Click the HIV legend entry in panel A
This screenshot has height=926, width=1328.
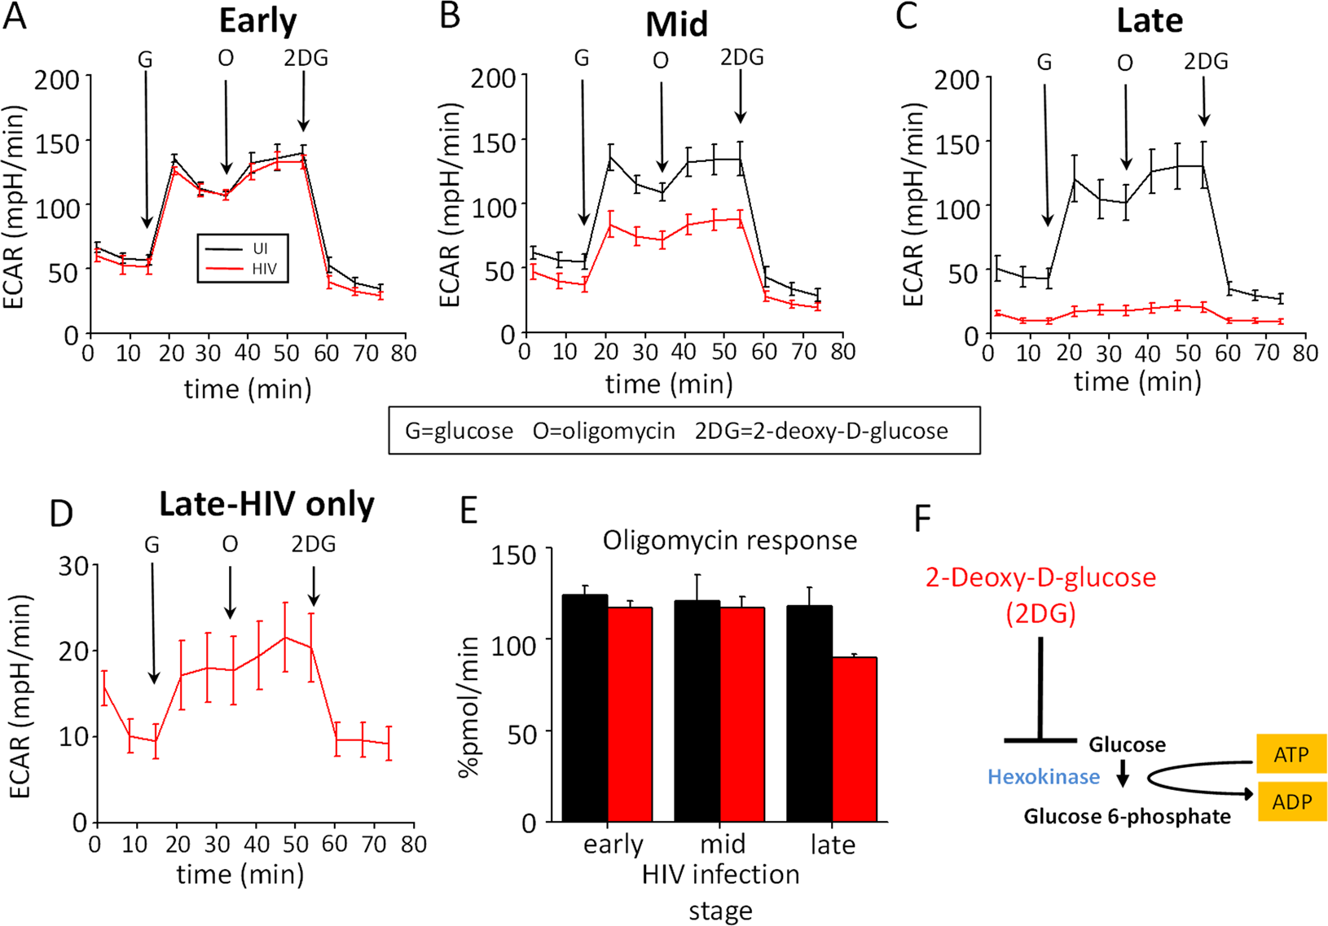pos(263,269)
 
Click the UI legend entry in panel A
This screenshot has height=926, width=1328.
pos(260,248)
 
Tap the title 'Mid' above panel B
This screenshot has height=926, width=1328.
pos(676,24)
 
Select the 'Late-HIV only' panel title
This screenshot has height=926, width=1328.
pos(266,504)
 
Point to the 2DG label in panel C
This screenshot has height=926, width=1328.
pos(1205,62)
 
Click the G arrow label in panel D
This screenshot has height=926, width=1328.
pos(152,545)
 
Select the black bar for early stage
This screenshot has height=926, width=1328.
pos(585,708)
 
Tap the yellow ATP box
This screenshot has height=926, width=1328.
pos(1291,754)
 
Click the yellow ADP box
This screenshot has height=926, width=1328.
pos(1291,801)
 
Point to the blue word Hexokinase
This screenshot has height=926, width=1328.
pos(1043,777)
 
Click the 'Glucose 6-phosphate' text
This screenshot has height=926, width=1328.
pos(1127,816)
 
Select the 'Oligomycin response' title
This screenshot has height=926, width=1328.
pos(729,541)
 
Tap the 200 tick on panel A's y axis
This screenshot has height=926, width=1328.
pos(56,80)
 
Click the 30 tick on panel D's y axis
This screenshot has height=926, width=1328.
pos(73,565)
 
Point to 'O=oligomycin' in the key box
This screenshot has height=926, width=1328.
pos(604,431)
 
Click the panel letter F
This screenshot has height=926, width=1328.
pos(922,518)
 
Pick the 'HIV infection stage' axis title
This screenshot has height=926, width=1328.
pos(720,891)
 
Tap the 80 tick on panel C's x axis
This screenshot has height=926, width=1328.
pos(1304,353)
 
